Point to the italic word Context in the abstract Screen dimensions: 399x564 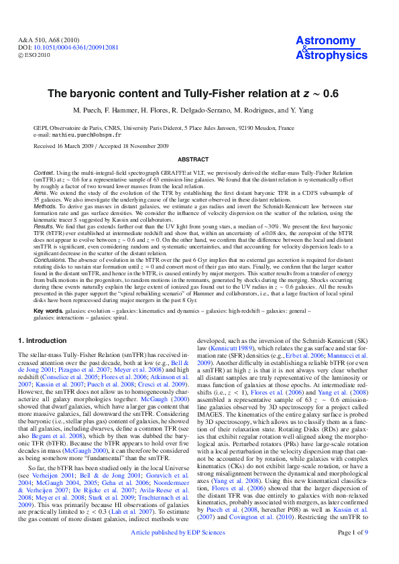pyautogui.click(x=44, y=173)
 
